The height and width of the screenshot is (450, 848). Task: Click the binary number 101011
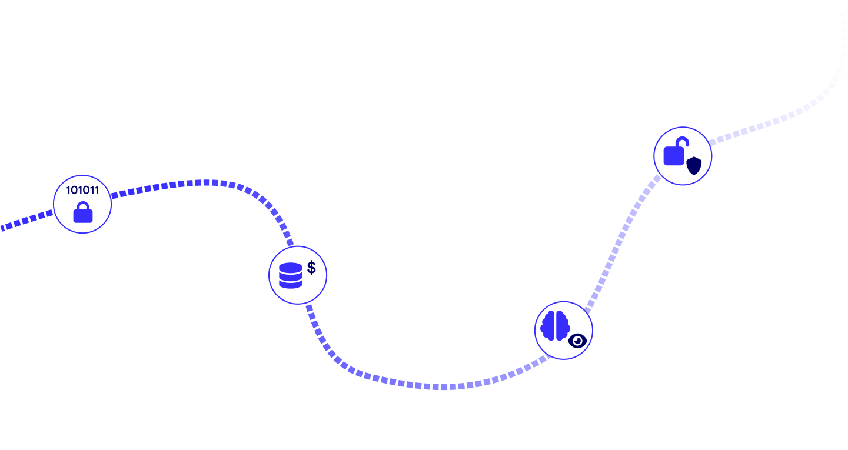click(x=82, y=191)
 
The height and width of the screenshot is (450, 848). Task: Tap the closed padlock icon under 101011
click(x=83, y=214)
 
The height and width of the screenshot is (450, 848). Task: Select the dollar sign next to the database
click(x=311, y=268)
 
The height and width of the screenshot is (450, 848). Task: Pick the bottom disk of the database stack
click(x=290, y=284)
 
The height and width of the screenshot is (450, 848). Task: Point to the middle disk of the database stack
click(x=290, y=276)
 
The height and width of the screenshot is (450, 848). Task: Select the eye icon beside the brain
click(x=577, y=341)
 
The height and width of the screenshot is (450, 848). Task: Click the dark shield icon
click(x=694, y=166)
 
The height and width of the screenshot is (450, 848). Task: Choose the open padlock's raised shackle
click(x=681, y=142)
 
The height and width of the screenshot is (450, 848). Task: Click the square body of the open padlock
click(x=674, y=156)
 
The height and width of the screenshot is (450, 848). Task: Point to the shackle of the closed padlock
click(x=83, y=205)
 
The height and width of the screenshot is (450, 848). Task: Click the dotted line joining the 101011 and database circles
click(x=206, y=182)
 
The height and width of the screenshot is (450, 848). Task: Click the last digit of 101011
click(x=97, y=191)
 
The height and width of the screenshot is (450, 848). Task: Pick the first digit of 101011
click(x=68, y=191)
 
